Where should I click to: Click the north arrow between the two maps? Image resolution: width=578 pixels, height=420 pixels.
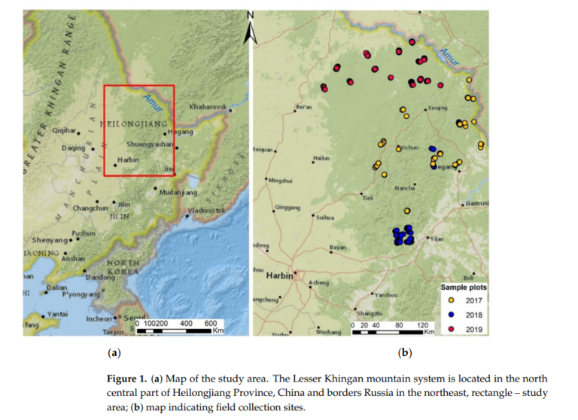pyautogui.click(x=251, y=26)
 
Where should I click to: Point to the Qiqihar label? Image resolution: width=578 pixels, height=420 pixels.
pyautogui.click(x=63, y=130)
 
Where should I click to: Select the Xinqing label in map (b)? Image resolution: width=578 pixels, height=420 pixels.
pyautogui.click(x=437, y=108)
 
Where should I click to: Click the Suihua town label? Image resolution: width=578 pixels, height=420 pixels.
pyautogui.click(x=324, y=218)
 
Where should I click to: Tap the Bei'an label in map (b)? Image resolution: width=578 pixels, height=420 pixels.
pyautogui.click(x=304, y=107)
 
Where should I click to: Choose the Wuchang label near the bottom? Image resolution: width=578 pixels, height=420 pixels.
pyautogui.click(x=328, y=331)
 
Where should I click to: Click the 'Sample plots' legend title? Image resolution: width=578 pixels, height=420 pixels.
pyautogui.click(x=464, y=288)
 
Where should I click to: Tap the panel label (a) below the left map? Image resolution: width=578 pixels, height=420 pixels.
pyautogui.click(x=114, y=352)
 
